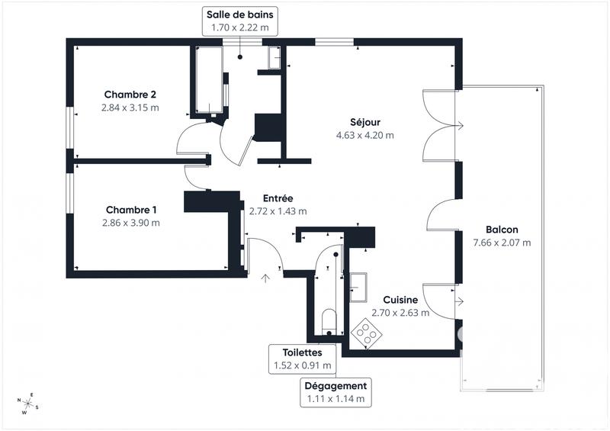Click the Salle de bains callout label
(x=239, y=20)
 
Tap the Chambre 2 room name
(x=130, y=95)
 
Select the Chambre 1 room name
(x=131, y=210)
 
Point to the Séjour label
(x=365, y=122)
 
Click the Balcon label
(x=502, y=230)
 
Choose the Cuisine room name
(x=400, y=300)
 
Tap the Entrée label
(x=278, y=198)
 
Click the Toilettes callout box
(x=303, y=359)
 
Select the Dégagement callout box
(x=335, y=391)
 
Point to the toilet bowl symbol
(x=329, y=320)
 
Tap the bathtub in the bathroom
(x=207, y=79)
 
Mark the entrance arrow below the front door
(x=265, y=278)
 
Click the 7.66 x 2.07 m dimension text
(x=502, y=243)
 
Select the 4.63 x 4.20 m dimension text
(x=365, y=135)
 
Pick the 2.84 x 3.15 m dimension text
(x=130, y=108)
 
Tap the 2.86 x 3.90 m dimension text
(x=131, y=223)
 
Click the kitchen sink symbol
(x=358, y=285)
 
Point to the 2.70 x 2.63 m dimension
(x=400, y=313)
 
